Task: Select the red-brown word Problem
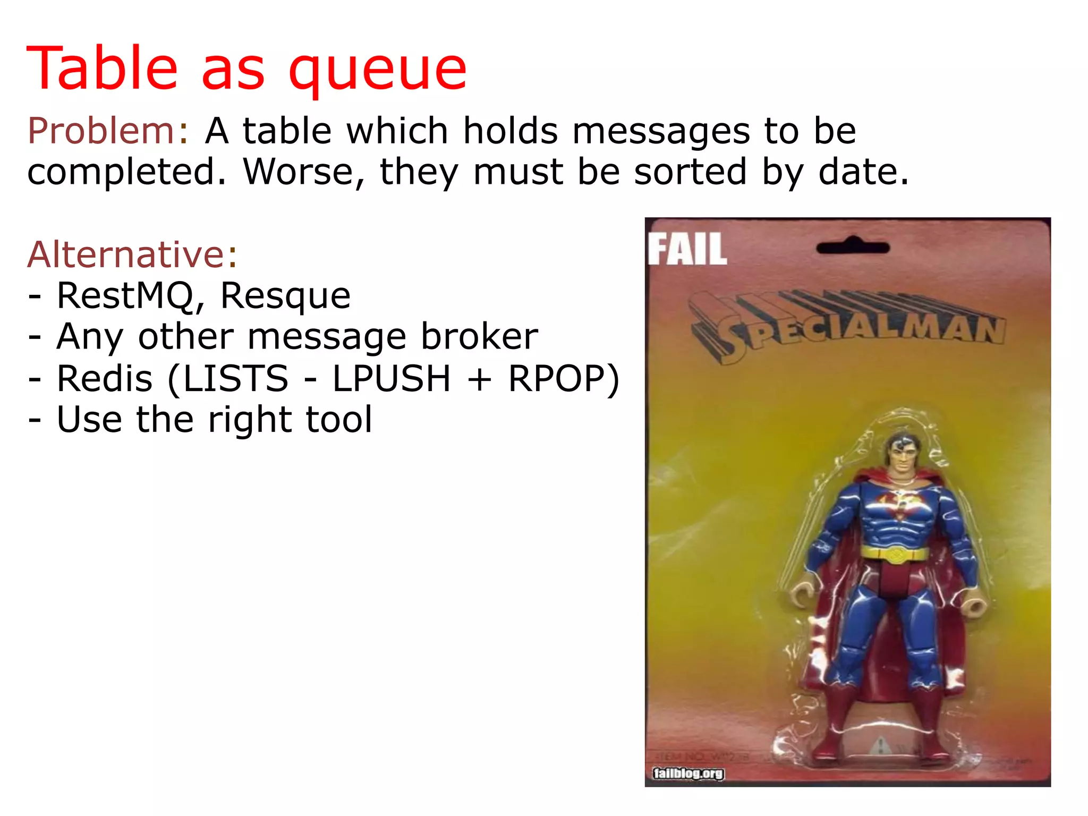pos(101,131)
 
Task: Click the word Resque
pos(285,297)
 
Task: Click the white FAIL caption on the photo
pos(687,249)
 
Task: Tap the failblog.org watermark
pos(688,773)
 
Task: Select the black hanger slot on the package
pos(853,247)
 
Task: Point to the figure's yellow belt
pos(895,554)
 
